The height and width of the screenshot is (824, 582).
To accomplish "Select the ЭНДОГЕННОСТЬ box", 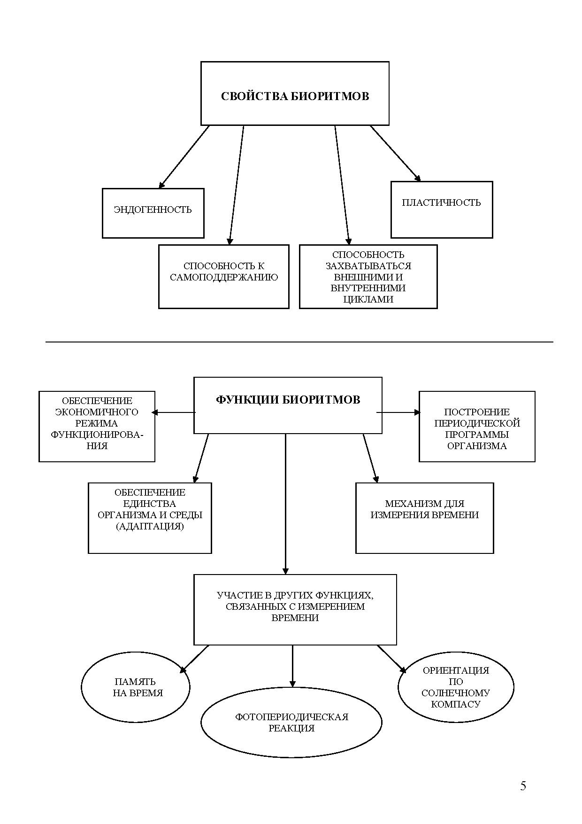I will point(153,213).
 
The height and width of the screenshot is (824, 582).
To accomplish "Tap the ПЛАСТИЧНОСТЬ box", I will point(441,209).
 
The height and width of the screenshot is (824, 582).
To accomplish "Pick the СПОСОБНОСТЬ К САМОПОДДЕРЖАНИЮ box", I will point(223,276).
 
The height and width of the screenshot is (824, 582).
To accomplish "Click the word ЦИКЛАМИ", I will point(368,299).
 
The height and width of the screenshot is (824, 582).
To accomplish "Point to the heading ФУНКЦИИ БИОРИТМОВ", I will point(288,400).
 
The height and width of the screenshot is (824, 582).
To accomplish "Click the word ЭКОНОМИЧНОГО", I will point(97,412).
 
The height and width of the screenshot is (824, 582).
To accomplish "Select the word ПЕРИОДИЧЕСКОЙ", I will point(477,423).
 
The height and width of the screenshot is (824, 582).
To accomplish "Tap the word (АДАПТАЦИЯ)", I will point(150,526).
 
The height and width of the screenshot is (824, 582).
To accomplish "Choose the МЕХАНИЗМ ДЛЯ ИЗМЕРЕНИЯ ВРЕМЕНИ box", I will point(424,518).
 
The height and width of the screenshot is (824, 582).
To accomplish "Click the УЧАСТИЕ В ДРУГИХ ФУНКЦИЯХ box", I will point(295,609).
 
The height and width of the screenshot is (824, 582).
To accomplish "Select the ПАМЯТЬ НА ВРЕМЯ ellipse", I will point(136,687).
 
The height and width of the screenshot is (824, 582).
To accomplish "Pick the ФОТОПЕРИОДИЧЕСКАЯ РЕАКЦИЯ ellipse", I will point(291,723).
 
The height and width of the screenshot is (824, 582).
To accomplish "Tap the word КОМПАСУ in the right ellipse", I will point(456,704).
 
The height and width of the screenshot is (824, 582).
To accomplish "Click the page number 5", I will point(523,786).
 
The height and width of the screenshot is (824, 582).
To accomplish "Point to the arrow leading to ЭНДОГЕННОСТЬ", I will point(184,157).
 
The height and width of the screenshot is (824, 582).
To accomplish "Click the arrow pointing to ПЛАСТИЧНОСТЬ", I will point(395,153).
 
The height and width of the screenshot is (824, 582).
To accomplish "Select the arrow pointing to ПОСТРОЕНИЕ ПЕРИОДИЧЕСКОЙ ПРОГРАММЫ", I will point(399,412).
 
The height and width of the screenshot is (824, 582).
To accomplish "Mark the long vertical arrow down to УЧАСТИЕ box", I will point(285,503).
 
